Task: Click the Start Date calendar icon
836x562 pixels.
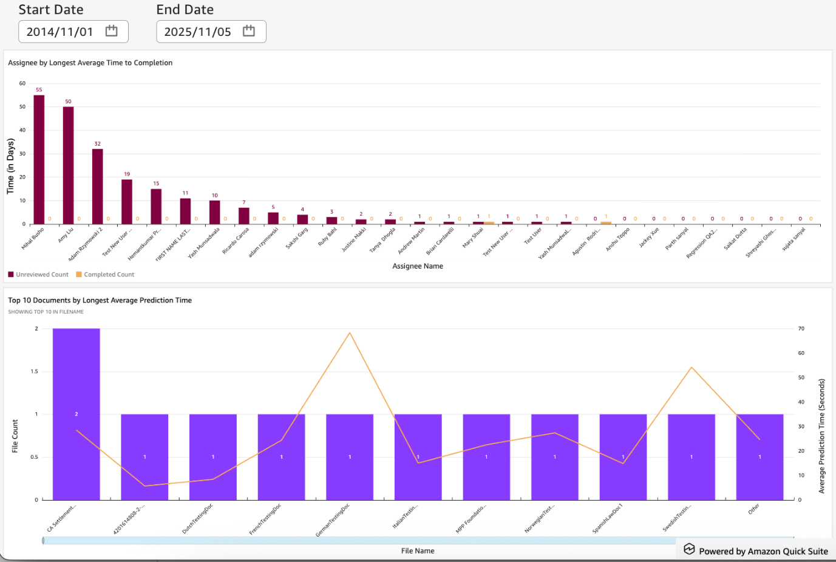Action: (x=111, y=31)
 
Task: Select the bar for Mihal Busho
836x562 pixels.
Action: (x=39, y=159)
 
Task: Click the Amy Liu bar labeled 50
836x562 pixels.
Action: (x=68, y=165)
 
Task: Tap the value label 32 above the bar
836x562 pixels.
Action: (x=97, y=144)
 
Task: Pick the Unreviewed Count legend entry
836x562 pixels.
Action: (x=38, y=275)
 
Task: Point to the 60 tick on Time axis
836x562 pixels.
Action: (x=22, y=83)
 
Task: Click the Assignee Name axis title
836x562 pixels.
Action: (x=418, y=266)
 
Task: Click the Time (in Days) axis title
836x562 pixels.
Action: (x=10, y=166)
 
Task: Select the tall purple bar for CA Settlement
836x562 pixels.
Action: (x=76, y=414)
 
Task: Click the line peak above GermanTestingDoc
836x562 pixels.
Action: (x=350, y=333)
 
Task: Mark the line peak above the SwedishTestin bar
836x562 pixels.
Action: (x=692, y=368)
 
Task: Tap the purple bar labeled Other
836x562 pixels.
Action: (x=760, y=457)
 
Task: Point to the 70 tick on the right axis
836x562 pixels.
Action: (x=801, y=329)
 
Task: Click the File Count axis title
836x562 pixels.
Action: (x=15, y=436)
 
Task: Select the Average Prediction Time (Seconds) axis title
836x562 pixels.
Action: (x=822, y=436)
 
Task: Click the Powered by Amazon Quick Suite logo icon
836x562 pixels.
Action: (x=689, y=549)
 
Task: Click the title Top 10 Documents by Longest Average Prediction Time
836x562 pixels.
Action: (x=100, y=300)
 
